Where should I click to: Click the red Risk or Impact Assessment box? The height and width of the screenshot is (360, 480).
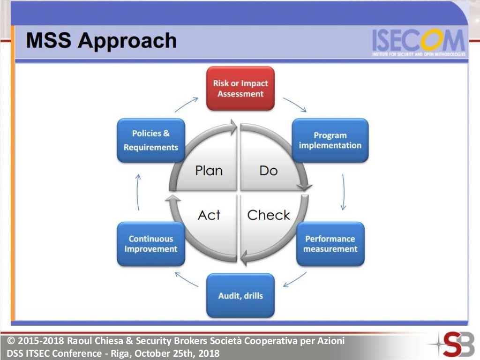(x=240, y=89)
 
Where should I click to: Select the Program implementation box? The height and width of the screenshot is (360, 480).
(x=330, y=140)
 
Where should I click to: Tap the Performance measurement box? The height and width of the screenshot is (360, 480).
(x=330, y=244)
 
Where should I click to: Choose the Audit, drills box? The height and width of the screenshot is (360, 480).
(x=240, y=295)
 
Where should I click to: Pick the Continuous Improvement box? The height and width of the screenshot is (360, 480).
(x=150, y=244)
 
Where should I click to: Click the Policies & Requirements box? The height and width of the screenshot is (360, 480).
(x=150, y=140)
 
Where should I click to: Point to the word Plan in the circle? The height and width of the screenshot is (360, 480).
(x=209, y=170)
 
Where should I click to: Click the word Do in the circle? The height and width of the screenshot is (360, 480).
(x=268, y=170)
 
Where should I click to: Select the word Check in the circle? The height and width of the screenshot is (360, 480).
(x=269, y=215)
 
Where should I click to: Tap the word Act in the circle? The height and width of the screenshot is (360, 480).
(x=209, y=215)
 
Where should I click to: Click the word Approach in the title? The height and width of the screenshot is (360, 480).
(x=127, y=41)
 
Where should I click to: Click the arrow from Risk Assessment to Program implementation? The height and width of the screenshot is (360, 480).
(x=294, y=105)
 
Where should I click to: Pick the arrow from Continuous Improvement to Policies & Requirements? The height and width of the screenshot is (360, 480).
(x=138, y=192)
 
